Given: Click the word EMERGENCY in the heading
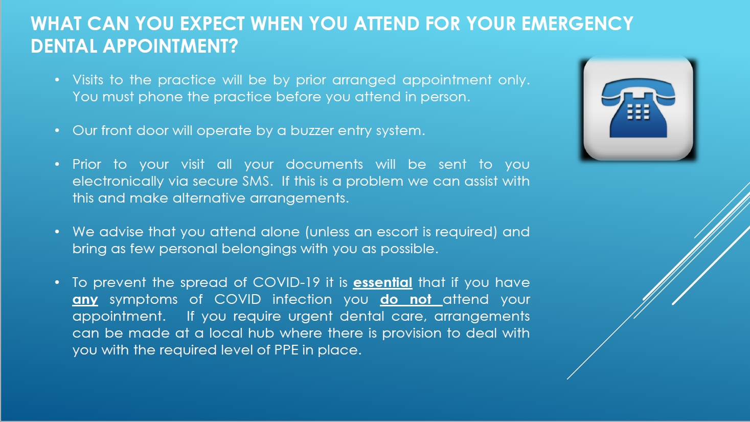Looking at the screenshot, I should coord(577,24).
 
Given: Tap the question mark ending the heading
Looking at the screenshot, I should coord(234,47).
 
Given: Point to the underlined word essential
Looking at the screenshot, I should coord(382,282).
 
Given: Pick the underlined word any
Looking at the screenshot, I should coord(85,300).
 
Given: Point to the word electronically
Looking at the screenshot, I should coord(118,181).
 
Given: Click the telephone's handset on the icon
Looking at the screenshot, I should coord(638,93).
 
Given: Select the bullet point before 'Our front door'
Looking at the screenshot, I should coord(58,131).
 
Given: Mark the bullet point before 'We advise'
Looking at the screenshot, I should coord(58,232).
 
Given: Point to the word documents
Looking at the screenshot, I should coord(324,164).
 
